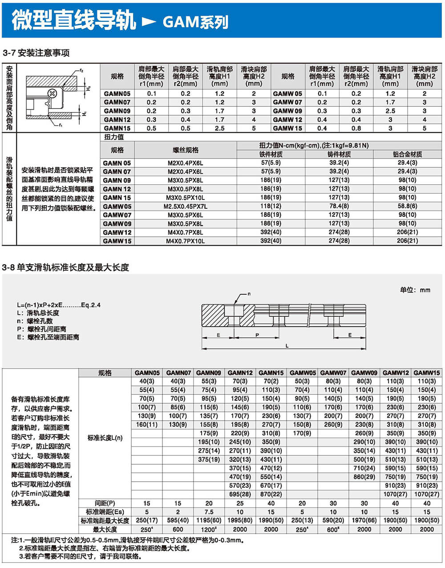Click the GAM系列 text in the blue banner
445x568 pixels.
(195, 21)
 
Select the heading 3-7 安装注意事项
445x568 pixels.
(36, 53)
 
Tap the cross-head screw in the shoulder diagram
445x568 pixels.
(53, 93)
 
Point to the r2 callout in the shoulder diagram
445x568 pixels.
(81, 70)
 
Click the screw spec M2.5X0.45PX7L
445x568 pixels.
(185, 206)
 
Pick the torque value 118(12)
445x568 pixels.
(271, 206)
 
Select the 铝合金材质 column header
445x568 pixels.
(407, 154)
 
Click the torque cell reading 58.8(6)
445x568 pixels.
(407, 206)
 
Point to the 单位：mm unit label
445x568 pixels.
(415, 290)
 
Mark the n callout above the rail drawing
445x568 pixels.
(249, 294)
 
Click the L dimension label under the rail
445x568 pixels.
(287, 345)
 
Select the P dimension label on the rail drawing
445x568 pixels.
(257, 335)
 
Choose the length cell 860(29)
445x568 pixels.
(364, 477)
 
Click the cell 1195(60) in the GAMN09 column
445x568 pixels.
(209, 520)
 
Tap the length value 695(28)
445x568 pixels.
(240, 494)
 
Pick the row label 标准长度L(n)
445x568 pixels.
(105, 438)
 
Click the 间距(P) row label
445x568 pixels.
(105, 503)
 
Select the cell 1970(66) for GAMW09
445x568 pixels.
(364, 520)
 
